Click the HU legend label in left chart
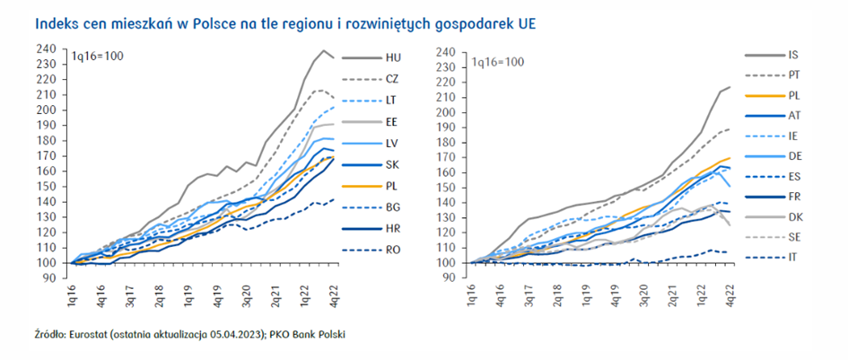pyautogui.click(x=392, y=57)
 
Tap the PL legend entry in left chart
pyautogui.click(x=392, y=187)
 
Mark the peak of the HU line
pyautogui.click(x=324, y=51)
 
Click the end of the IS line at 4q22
pyautogui.click(x=730, y=87)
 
